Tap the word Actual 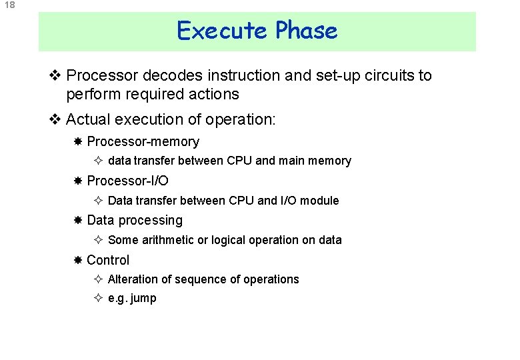87,120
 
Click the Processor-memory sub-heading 143,142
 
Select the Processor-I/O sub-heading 127,181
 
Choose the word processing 151,221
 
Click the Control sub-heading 108,260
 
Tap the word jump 143,299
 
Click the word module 320,201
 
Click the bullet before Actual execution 56,120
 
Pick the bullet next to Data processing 78,221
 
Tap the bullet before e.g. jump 97,299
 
